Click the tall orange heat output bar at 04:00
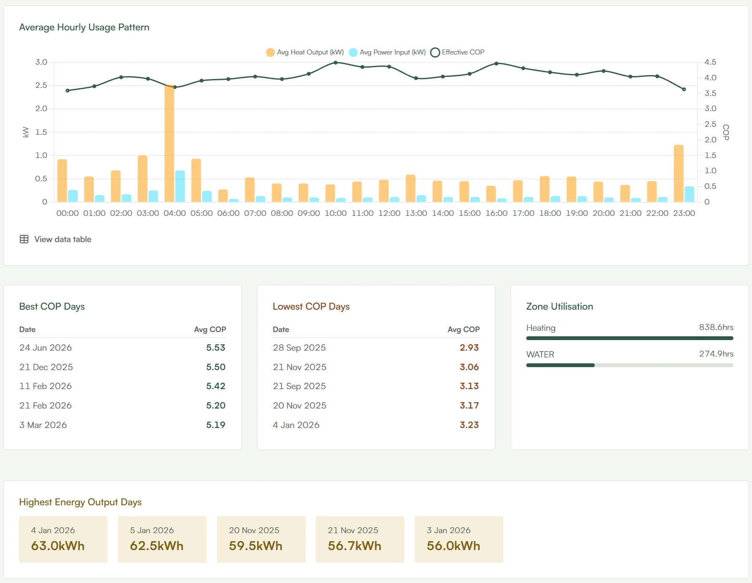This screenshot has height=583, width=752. (x=169, y=144)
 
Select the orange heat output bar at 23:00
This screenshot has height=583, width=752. (x=678, y=173)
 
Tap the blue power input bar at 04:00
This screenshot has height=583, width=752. (x=180, y=186)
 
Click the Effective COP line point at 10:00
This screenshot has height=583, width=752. (x=336, y=63)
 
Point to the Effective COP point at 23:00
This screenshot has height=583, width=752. (x=684, y=89)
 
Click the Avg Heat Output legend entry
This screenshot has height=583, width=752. (x=305, y=52)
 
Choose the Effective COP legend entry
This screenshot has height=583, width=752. (x=457, y=52)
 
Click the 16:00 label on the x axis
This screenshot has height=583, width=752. (x=496, y=213)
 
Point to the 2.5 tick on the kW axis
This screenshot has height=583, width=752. (x=41, y=85)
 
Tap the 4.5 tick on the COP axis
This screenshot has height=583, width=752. (x=710, y=62)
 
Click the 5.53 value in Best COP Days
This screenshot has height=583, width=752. (x=216, y=348)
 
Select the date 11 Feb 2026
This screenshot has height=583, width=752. (x=46, y=386)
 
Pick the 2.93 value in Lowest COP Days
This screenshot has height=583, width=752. (x=469, y=348)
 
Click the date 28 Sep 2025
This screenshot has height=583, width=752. (x=299, y=348)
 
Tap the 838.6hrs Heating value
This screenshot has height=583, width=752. (x=716, y=327)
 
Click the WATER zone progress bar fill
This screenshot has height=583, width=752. (x=561, y=365)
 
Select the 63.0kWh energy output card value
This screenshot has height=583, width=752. (x=58, y=546)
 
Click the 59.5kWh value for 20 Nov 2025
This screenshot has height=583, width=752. (x=256, y=546)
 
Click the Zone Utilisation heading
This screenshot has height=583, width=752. (x=560, y=306)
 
